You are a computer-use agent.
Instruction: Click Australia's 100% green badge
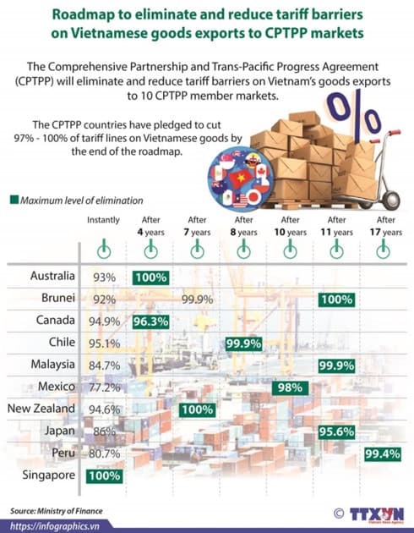tap(151, 277)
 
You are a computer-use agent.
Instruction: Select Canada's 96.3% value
tap(151, 321)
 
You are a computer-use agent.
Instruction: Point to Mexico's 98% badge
tap(289, 387)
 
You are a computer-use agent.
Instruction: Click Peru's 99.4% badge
tap(382, 454)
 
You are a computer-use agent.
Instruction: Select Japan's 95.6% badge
tap(335, 431)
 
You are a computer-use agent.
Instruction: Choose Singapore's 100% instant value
tap(103, 475)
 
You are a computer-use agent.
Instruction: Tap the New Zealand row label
tap(43, 409)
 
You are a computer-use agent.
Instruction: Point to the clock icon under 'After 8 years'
tap(243, 250)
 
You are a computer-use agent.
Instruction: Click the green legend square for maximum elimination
tap(14, 200)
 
